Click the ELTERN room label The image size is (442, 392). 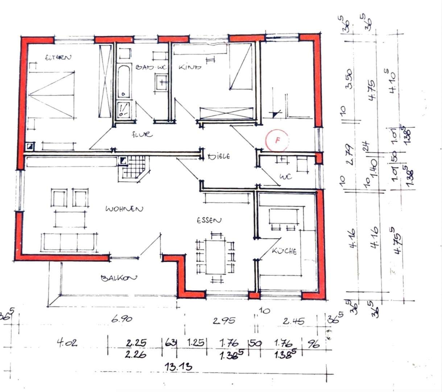click(58, 57)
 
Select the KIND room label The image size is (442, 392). click(190, 67)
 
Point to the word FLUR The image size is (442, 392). click(142, 135)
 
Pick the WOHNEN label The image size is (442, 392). click(124, 209)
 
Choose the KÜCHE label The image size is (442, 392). click(284, 251)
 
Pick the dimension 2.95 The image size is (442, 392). click(224, 321)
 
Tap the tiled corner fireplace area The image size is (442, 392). click(134, 168)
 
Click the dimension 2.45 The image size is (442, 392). click(293, 321)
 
